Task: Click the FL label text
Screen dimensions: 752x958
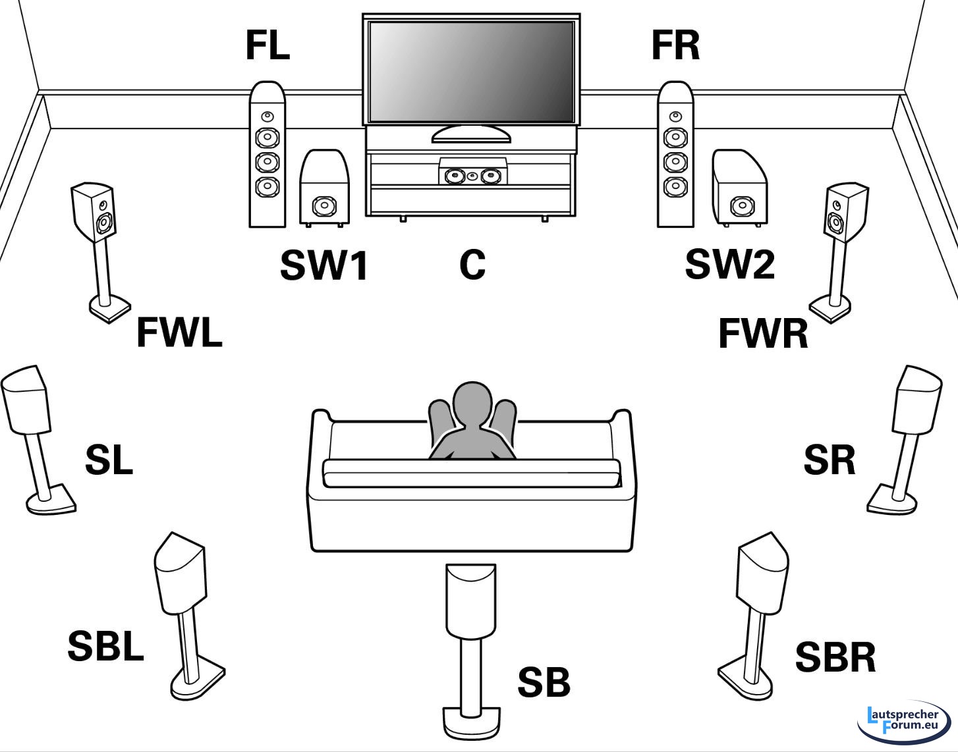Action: pos(268,45)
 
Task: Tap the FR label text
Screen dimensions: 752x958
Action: pos(675,45)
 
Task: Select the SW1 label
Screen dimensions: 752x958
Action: pos(324,265)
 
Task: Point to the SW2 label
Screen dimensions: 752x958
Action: pos(729,264)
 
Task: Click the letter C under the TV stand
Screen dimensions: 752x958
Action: pos(472,265)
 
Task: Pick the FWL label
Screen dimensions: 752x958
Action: pos(179,333)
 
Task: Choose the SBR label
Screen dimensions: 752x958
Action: pos(835,657)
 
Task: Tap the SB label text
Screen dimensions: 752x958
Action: pos(544,682)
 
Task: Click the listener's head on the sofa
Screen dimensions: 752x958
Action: pos(472,403)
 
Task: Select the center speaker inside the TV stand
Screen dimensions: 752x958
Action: pos(472,176)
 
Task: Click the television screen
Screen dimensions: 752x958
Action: pos(471,71)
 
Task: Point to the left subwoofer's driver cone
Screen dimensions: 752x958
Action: pos(324,207)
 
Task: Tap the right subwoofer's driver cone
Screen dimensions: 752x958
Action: pos(741,206)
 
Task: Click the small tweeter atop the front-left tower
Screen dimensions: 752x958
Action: pos(266,117)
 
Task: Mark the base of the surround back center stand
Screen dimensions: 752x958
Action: pos(470,722)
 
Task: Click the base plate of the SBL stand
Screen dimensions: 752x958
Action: pos(197,684)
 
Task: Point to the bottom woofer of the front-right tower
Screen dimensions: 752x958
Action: pos(675,187)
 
